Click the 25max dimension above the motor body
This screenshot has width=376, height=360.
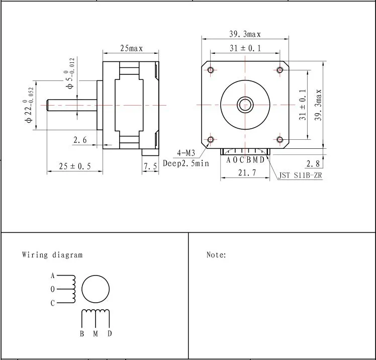pyautogui.click(x=131, y=48)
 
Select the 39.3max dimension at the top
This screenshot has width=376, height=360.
pyautogui.click(x=245, y=34)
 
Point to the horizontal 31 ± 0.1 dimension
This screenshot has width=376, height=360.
pyautogui.click(x=245, y=48)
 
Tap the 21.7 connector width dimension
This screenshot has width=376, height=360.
pyautogui.click(x=245, y=172)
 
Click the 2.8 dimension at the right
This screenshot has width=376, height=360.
pyautogui.click(x=313, y=163)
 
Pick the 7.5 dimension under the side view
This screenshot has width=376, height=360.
pyautogui.click(x=150, y=166)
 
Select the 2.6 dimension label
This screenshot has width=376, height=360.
pyautogui.click(x=80, y=140)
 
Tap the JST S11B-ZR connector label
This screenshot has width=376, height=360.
pyautogui.click(x=300, y=176)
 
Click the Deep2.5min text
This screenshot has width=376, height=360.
pyautogui.click(x=185, y=163)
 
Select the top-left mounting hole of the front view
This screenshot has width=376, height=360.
pyautogui.click(x=210, y=69)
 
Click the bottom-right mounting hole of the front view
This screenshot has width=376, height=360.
pyautogui.click(x=280, y=139)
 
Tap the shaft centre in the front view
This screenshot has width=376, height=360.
pyautogui.click(x=245, y=105)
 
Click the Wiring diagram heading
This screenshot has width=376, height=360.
pyautogui.click(x=52, y=255)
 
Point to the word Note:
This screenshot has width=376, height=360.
pyautogui.click(x=216, y=255)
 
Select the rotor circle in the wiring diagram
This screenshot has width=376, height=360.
pyautogui.click(x=95, y=290)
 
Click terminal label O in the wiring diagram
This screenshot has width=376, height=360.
pyautogui.click(x=52, y=290)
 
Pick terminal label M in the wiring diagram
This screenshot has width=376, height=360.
pyautogui.click(x=95, y=334)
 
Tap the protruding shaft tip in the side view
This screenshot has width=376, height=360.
pyautogui.click(x=49, y=105)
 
